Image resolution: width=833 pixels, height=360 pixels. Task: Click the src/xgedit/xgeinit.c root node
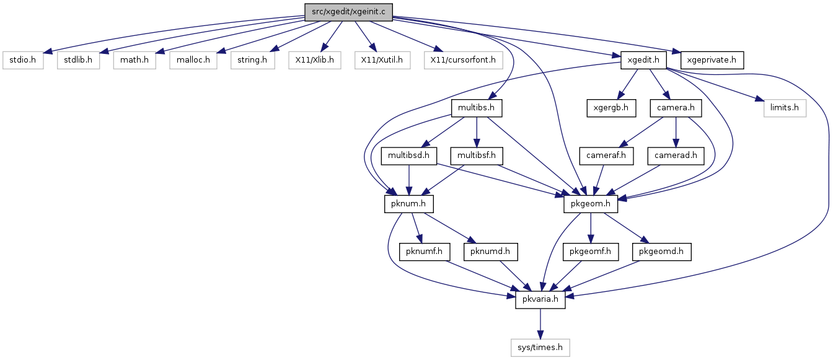click(x=348, y=12)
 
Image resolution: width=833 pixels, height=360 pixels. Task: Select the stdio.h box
click(x=23, y=60)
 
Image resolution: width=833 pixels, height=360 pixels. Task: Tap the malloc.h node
click(x=193, y=60)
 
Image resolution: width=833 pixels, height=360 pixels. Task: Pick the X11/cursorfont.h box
click(x=463, y=60)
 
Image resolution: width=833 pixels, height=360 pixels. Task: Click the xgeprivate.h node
click(x=712, y=60)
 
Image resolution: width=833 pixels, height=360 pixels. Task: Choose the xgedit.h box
click(x=643, y=60)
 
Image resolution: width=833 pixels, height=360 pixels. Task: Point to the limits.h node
click(x=785, y=108)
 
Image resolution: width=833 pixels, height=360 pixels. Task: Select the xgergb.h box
click(x=611, y=108)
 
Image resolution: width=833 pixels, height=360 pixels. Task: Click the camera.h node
click(x=676, y=108)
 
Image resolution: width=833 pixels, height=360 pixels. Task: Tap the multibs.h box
click(x=477, y=108)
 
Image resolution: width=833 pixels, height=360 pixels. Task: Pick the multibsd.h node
click(x=408, y=156)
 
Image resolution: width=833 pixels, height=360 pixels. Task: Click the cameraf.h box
click(x=606, y=156)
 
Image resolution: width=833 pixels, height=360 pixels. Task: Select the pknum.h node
click(x=408, y=204)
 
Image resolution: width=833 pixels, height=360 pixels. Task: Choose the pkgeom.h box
click(x=591, y=204)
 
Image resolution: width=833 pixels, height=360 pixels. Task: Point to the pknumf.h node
click(x=425, y=252)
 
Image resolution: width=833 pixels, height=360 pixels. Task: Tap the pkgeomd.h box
click(x=661, y=252)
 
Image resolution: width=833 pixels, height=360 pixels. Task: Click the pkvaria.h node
click(x=540, y=300)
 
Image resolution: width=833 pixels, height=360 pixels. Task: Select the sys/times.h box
click(x=540, y=348)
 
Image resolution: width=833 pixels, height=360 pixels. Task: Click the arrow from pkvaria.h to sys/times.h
click(x=540, y=324)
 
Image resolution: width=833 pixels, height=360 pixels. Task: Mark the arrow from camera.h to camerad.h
click(x=676, y=133)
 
